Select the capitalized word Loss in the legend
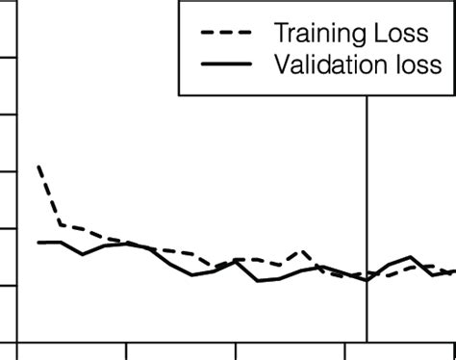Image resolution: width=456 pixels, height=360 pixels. click(404, 34)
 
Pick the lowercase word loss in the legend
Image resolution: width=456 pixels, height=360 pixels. click(418, 65)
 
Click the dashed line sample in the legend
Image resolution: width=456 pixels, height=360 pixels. click(225, 35)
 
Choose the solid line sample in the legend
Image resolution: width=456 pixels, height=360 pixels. click(225, 65)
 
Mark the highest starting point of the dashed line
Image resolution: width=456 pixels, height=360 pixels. click(38, 166)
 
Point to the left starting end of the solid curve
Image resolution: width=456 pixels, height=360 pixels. click(38, 242)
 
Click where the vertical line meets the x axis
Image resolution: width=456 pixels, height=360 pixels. click(367, 340)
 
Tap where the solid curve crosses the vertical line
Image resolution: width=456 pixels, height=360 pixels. click(367, 279)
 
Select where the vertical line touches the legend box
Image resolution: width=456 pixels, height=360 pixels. click(367, 94)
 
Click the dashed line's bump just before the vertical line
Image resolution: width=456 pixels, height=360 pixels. click(303, 251)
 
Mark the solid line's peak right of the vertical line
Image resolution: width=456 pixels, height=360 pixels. click(410, 257)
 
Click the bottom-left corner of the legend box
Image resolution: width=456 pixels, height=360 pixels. click(180, 94)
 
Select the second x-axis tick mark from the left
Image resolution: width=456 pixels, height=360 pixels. click(126, 348)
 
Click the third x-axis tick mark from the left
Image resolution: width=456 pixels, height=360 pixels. click(236, 348)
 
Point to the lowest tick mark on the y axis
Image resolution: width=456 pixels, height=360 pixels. click(9, 285)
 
